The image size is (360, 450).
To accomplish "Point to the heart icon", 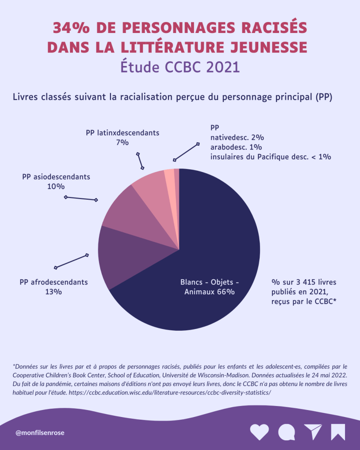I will pos(259,432).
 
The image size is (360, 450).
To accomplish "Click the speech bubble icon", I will pos(287,432).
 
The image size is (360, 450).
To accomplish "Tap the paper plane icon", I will pos(313,432).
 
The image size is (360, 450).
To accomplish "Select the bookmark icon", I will pos(338,432).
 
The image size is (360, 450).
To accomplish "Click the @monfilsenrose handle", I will pos(40,432).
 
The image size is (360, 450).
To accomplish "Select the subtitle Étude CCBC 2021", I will pos(180,67).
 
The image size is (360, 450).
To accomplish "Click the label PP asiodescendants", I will pos(56,177).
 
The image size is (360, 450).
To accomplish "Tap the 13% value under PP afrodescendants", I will pos(54,291).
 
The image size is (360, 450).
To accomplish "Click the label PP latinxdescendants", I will pos(122,132).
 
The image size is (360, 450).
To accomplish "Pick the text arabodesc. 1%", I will pos(236,146).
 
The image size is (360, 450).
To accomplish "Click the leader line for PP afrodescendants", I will pos(71,261).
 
